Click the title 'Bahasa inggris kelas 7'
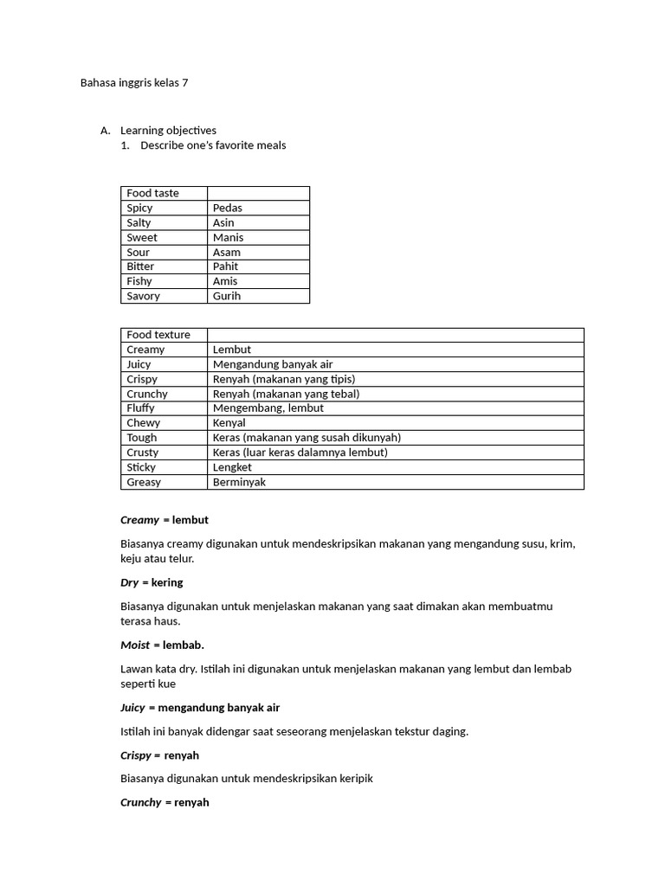pos(134,83)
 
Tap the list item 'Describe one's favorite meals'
pos(213,145)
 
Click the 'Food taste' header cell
pos(153,193)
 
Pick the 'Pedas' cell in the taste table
pos(228,208)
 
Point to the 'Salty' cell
pos(139,222)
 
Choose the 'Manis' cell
pos(229,237)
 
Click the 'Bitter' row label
pos(140,266)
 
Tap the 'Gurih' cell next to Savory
pos(227,296)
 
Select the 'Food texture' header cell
pos(158,335)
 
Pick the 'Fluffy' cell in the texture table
pos(140,408)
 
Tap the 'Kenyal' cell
pos(229,423)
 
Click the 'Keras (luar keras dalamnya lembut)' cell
pos(300,453)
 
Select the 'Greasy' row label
pos(144,482)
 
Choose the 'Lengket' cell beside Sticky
pos(232,467)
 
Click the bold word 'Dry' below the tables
pos(129,582)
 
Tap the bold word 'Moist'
pos(135,645)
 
